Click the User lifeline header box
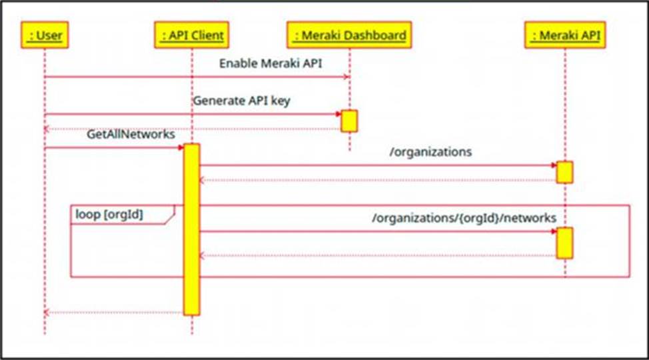tap(45, 35)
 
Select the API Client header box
tap(192, 35)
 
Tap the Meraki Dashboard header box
tap(349, 35)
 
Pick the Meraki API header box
tap(565, 35)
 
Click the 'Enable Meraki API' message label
tap(271, 63)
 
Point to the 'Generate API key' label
tap(242, 101)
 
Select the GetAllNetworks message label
tap(131, 134)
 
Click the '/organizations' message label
tap(430, 152)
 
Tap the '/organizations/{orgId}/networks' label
tap(464, 218)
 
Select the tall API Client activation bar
tap(192, 229)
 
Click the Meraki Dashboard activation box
tap(349, 121)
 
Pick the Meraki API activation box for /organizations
tap(564, 173)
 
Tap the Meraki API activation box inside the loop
tap(564, 243)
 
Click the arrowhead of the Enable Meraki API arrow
tap(347, 77)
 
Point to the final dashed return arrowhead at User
tap(47, 313)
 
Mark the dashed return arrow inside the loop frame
tap(378, 255)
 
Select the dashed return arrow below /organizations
tap(378, 180)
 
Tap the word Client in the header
tap(207, 35)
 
